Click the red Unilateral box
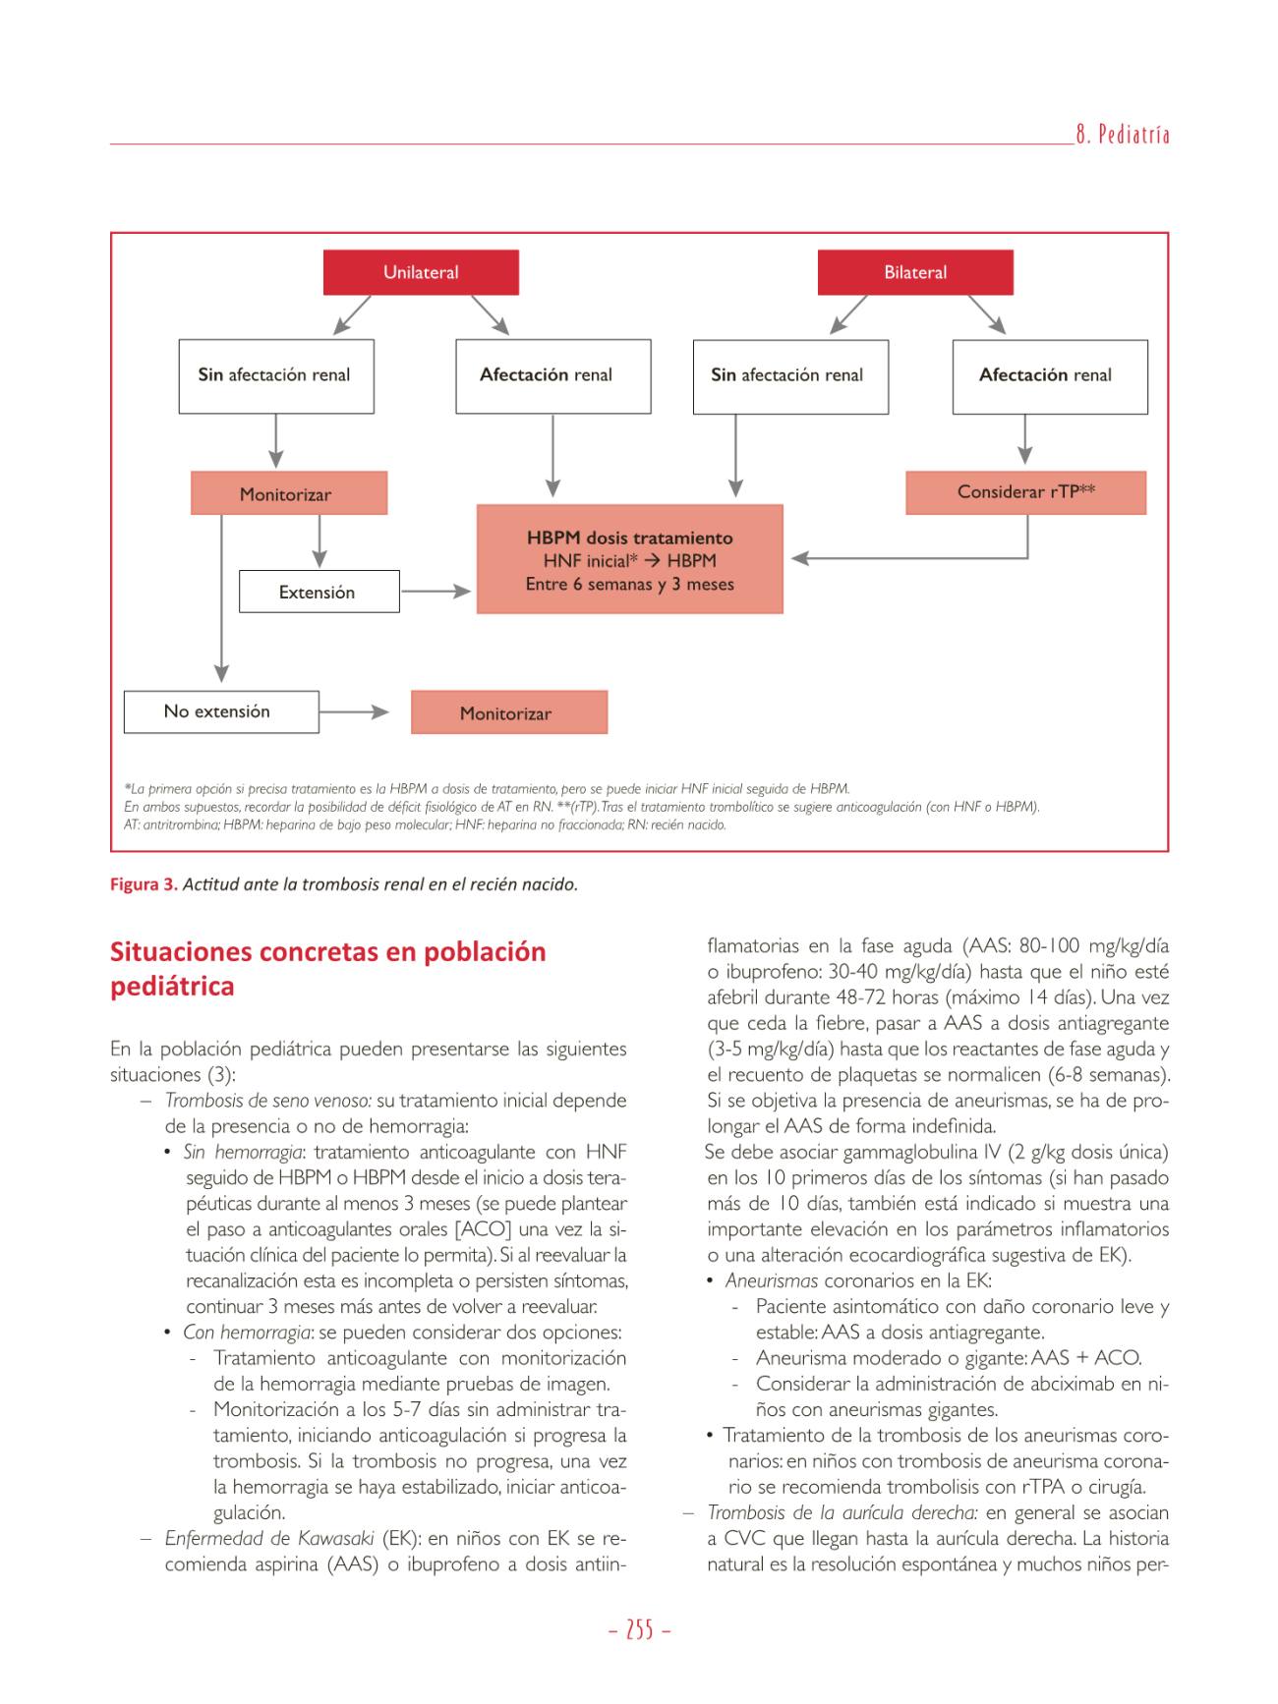(x=421, y=272)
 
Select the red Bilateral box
(x=914, y=272)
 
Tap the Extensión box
(x=319, y=592)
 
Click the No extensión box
(x=220, y=711)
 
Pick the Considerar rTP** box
(x=1025, y=492)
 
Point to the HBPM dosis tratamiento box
(x=629, y=560)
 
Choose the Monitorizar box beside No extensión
(x=508, y=713)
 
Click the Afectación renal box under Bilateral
(x=1049, y=375)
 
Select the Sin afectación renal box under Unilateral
(x=275, y=375)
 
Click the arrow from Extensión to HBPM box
(x=437, y=592)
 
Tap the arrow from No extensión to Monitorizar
(x=355, y=712)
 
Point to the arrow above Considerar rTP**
(x=1025, y=439)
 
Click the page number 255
(x=639, y=1630)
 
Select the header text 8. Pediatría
(x=1122, y=136)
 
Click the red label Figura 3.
(x=144, y=884)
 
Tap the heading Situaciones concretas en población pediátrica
(x=327, y=968)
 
